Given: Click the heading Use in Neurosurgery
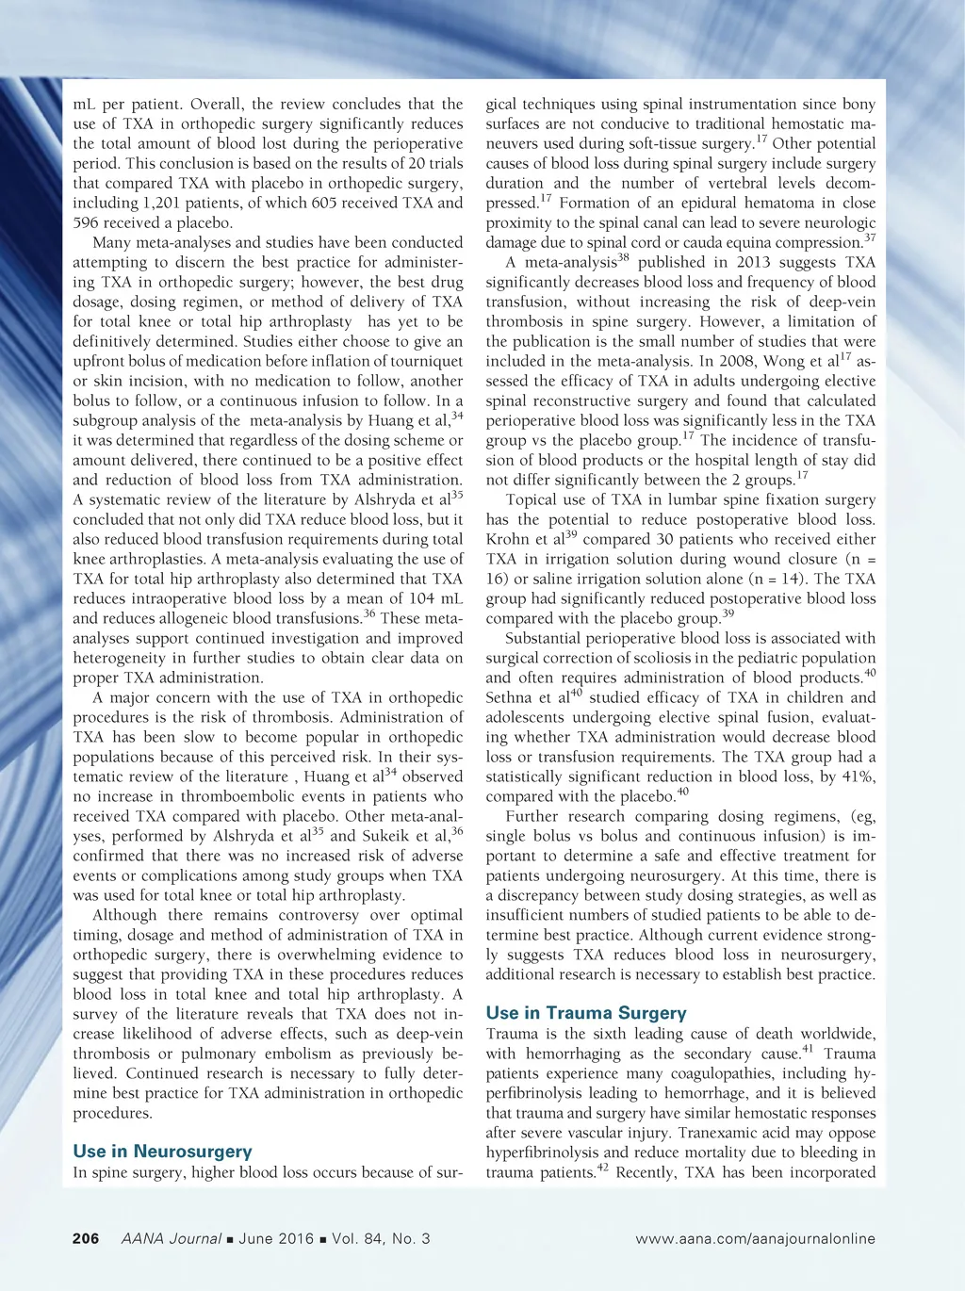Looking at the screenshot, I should pyautogui.click(x=162, y=1151).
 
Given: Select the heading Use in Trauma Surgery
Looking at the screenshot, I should pyautogui.click(x=586, y=1013).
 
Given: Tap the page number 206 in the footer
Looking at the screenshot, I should pyautogui.click(x=86, y=1238).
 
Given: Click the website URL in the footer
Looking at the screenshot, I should pyautogui.click(x=755, y=1238).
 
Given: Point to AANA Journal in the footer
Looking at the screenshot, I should pyautogui.click(x=172, y=1238).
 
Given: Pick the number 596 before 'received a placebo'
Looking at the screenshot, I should pyautogui.click(x=87, y=222).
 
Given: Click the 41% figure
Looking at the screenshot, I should pyautogui.click(x=859, y=776).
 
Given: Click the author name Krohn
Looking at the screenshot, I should pyautogui.click(x=507, y=540).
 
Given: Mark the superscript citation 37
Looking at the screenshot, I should pyautogui.click(x=869, y=237).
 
